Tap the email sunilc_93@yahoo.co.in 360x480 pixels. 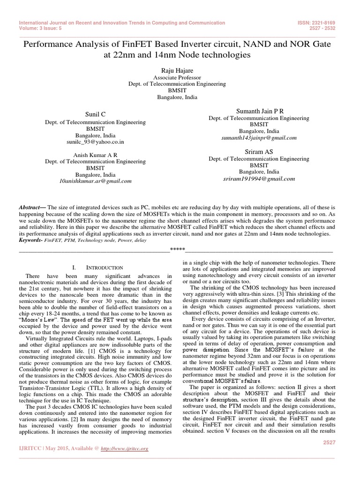point(95,142)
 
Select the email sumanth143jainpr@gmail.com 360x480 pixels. point(259,138)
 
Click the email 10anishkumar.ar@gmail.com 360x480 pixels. point(95,180)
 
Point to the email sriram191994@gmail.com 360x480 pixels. point(259,179)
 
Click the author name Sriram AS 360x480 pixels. point(259,152)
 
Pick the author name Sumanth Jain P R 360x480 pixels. point(259,111)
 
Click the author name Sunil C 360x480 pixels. point(95,113)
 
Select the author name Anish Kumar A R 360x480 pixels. point(95,154)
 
